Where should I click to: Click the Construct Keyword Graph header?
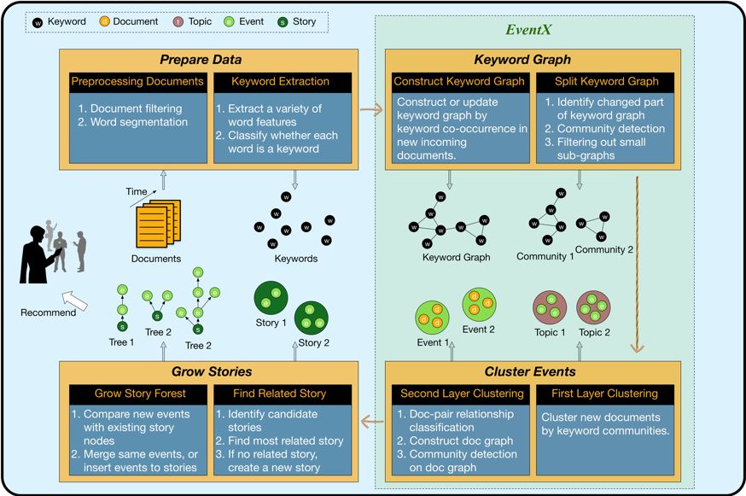458,82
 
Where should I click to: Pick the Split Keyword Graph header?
606,82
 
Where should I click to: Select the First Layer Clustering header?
606,394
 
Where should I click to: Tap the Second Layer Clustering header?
458,394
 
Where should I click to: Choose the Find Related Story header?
279,394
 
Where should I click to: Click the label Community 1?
545,256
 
